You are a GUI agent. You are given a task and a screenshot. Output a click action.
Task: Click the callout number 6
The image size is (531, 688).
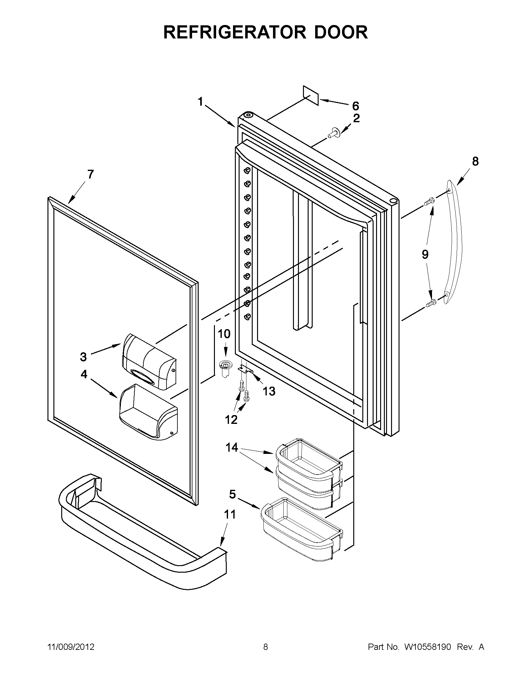click(x=355, y=106)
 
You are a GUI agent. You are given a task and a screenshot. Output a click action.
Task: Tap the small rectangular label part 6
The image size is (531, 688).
click(x=311, y=95)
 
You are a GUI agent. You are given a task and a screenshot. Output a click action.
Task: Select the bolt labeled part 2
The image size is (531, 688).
click(x=332, y=134)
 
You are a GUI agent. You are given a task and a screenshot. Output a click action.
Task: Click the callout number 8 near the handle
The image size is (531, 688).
click(x=475, y=161)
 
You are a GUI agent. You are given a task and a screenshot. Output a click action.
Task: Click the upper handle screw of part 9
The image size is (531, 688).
click(x=429, y=201)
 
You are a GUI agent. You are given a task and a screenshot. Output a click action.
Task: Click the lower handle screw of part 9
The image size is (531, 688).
click(x=430, y=303)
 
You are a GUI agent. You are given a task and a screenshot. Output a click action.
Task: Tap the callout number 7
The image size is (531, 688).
click(x=90, y=174)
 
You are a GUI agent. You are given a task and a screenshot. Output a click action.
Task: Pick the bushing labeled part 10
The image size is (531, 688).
click(x=224, y=368)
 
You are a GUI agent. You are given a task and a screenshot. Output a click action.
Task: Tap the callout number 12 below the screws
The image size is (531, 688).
click(x=231, y=419)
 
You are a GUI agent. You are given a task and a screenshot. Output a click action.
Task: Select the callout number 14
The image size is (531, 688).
click(x=232, y=447)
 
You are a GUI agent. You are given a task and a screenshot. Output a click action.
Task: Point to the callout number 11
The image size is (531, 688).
click(x=230, y=515)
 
